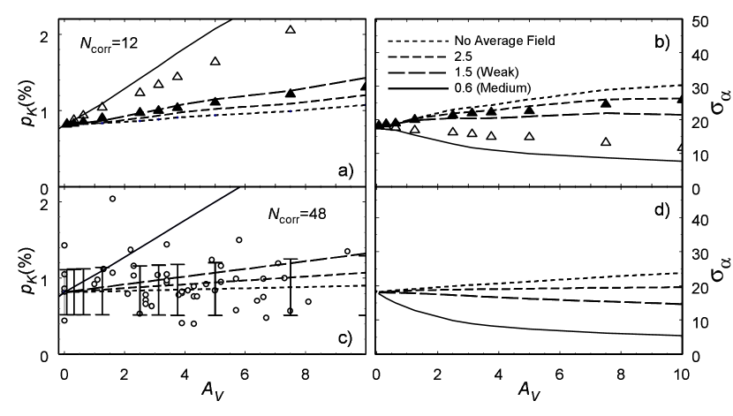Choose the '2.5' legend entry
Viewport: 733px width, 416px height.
click(x=464, y=56)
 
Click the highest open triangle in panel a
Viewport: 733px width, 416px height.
click(x=291, y=30)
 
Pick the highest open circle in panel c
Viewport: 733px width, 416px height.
click(x=112, y=199)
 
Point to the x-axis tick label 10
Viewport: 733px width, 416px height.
click(x=679, y=374)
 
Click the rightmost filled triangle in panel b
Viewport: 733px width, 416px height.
click(x=681, y=99)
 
